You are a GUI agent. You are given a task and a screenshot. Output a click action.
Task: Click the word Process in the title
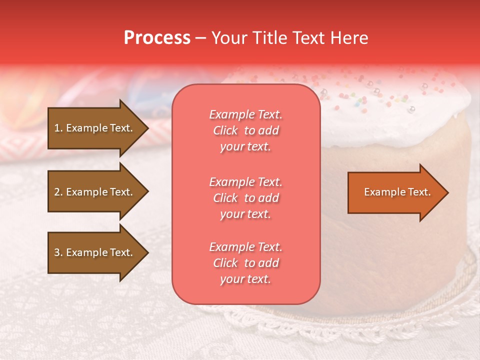click(x=157, y=38)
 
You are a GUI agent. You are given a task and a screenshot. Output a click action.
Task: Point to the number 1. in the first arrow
click(x=58, y=128)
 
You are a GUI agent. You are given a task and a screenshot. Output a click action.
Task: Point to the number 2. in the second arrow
click(x=58, y=192)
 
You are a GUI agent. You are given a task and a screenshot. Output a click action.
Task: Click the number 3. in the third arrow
click(x=58, y=252)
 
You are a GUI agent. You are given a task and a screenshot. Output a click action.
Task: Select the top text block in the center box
click(x=245, y=130)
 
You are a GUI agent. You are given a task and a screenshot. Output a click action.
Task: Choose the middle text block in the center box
click(x=245, y=198)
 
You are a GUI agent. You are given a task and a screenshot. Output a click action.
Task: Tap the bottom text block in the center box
click(x=245, y=263)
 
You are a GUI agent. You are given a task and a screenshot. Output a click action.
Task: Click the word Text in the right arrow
click(x=419, y=192)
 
